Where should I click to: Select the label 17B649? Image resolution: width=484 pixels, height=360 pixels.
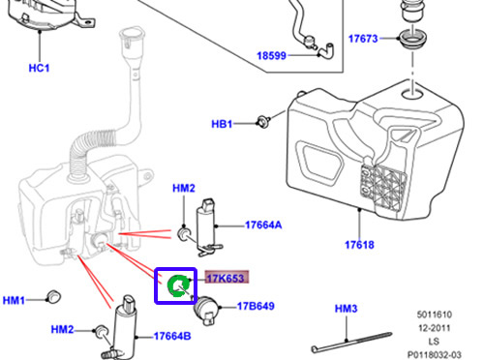[x=256, y=308]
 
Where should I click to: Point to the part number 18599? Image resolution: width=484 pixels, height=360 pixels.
[x=274, y=58]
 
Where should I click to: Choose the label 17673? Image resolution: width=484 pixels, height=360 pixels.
[x=363, y=40]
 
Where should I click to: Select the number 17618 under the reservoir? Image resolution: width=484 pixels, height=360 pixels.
[x=359, y=246]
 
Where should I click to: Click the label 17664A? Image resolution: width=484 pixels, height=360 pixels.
[x=263, y=225]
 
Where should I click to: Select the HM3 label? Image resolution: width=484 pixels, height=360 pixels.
[x=347, y=309]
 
